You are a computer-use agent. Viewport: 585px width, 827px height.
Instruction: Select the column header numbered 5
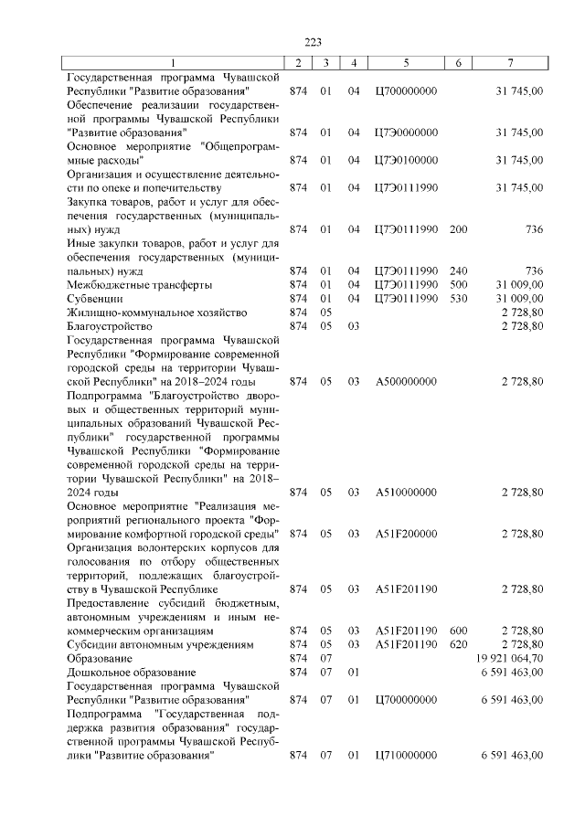406,62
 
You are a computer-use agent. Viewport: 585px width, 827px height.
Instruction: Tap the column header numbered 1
171,62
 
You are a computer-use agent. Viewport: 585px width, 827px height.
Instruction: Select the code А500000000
406,381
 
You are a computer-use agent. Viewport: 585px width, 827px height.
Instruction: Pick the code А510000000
406,492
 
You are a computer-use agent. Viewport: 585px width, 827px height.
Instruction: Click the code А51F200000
406,533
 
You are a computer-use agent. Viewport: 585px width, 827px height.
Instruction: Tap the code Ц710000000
406,755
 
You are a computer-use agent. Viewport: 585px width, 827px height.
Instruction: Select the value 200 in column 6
459,229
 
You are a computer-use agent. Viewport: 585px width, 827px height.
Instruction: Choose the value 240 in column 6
459,271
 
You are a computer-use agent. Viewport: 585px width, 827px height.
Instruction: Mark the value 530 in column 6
459,298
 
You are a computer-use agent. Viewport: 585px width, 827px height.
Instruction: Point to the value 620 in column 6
459,644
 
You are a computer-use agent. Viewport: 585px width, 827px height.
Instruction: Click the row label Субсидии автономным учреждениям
157,644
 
